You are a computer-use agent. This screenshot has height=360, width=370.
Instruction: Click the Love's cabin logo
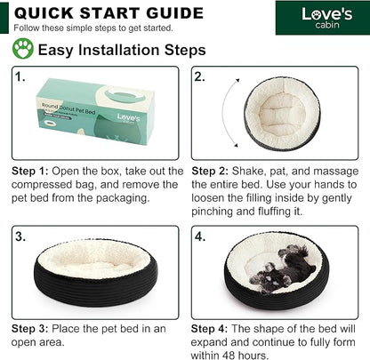click(327, 18)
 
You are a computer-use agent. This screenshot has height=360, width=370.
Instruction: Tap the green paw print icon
click(23, 49)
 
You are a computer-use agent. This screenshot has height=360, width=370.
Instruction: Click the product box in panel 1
click(95, 112)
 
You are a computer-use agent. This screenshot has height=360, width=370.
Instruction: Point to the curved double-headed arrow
click(223, 113)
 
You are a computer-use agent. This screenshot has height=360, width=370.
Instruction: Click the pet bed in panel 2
click(283, 114)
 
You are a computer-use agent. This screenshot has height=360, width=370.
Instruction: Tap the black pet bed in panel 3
click(95, 273)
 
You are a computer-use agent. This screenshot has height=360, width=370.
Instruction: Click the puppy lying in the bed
click(282, 269)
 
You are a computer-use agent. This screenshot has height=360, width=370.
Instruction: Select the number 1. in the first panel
click(20, 77)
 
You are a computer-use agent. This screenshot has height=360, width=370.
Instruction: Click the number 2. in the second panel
click(200, 77)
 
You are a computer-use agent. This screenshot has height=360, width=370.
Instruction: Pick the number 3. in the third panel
click(20, 236)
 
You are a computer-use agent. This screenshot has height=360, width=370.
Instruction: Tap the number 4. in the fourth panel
click(200, 236)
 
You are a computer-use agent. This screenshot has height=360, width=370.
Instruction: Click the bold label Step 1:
click(29, 172)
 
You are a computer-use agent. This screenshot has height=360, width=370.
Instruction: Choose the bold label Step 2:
click(210, 172)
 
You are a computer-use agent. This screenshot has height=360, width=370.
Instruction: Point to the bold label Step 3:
click(29, 329)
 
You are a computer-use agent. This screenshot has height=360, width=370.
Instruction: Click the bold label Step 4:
click(209, 329)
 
